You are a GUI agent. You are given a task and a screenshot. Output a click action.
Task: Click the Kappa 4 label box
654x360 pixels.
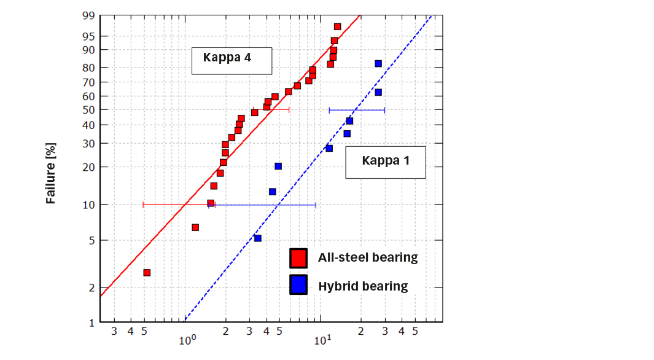pyautogui.click(x=231, y=61)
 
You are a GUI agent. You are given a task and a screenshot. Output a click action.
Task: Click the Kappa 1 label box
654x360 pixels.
pyautogui.click(x=385, y=162)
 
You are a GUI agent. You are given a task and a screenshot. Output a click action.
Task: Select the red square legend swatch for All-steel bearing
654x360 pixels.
pyautogui.click(x=298, y=258)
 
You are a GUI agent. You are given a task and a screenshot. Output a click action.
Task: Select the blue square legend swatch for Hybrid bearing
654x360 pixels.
pyautogui.click(x=298, y=285)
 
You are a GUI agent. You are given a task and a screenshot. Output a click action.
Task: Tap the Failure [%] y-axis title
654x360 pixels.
pyautogui.click(x=52, y=173)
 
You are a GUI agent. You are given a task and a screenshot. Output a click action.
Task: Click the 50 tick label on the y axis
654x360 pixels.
pyautogui.click(x=87, y=109)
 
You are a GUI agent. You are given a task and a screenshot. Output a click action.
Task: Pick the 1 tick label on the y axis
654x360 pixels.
pyautogui.click(x=90, y=322)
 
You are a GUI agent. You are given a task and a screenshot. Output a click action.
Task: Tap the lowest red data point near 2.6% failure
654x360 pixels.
pyautogui.click(x=147, y=272)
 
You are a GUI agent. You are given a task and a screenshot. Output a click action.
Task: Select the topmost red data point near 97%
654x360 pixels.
pyautogui.click(x=337, y=26)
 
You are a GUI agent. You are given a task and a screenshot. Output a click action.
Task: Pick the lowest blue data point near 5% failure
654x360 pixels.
pyautogui.click(x=257, y=238)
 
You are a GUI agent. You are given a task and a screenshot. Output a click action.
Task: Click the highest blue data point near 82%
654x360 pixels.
pyautogui.click(x=378, y=63)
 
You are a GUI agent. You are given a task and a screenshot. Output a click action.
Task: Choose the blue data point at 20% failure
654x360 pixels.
pyautogui.click(x=278, y=166)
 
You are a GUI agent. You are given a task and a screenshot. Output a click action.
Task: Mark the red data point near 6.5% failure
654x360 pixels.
pyautogui.click(x=195, y=227)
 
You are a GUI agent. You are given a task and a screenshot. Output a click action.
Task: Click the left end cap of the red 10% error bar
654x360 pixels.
pyautogui.click(x=143, y=205)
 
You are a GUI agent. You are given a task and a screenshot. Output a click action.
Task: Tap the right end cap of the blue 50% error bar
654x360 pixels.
pyautogui.click(x=384, y=110)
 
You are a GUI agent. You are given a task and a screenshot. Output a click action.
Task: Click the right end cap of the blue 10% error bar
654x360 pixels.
pyautogui.click(x=316, y=205)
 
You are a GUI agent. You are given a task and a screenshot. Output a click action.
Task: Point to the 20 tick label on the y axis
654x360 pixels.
pyautogui.click(x=87, y=166)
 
